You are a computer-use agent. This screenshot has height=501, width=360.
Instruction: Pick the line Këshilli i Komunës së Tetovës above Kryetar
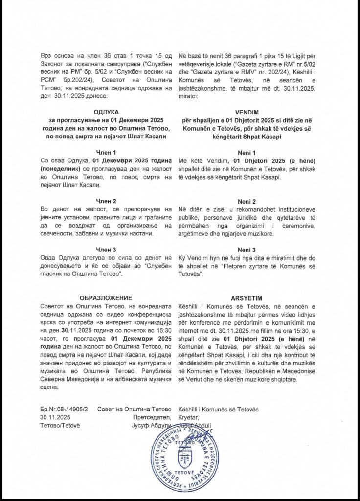pyautogui.click(x=219, y=409)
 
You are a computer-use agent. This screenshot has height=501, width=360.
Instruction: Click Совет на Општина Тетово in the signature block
pyautogui.click(x=134, y=409)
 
